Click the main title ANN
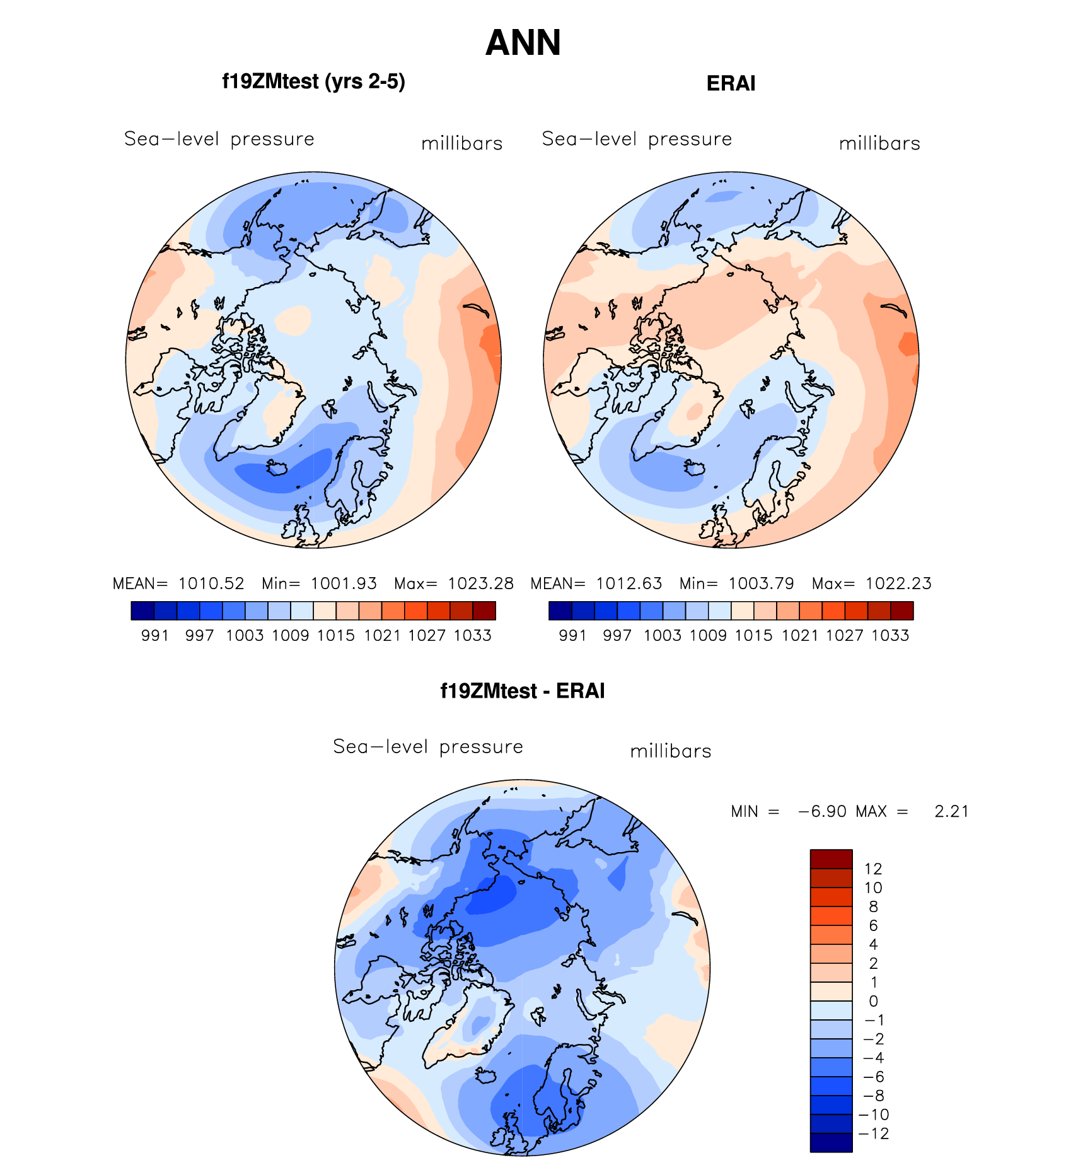point(523,43)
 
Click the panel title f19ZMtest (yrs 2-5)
point(313,82)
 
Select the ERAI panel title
point(731,83)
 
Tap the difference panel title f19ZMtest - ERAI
point(522,691)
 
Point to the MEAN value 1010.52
point(211,583)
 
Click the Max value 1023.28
point(480,583)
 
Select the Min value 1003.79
point(761,583)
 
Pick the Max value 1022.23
point(898,583)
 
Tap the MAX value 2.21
point(951,811)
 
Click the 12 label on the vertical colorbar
point(873,869)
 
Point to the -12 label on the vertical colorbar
point(873,1134)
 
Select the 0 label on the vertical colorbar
point(873,1001)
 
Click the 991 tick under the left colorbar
point(155,636)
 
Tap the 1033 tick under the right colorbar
point(890,636)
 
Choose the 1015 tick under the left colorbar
point(336,636)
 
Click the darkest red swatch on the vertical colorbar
point(831,859)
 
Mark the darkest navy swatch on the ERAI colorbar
point(560,611)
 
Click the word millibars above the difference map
point(671,751)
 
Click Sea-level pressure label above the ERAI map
point(637,139)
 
